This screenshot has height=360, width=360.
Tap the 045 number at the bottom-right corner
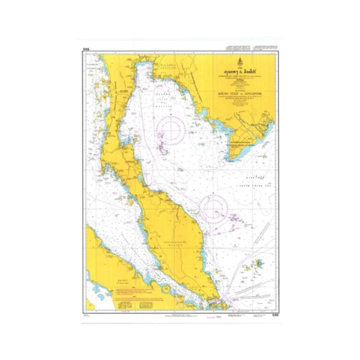(x=274, y=314)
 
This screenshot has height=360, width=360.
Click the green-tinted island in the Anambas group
(x=259, y=246)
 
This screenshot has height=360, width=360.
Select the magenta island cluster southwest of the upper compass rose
(x=162, y=144)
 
